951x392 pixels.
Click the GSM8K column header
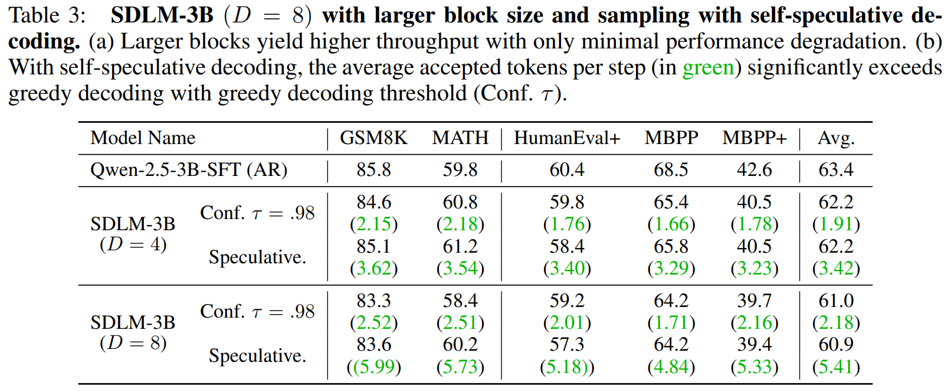click(x=373, y=138)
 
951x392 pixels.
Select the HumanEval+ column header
click(x=567, y=138)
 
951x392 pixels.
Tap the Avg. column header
click(x=836, y=138)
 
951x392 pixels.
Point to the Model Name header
click(x=143, y=138)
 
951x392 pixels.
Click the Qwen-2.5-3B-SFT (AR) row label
click(x=189, y=170)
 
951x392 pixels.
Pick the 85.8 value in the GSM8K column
click(x=373, y=170)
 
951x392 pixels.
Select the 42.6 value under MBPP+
click(x=754, y=170)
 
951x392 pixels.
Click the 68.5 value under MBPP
click(x=671, y=170)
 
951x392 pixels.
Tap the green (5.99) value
click(x=373, y=367)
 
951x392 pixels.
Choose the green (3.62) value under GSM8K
click(x=373, y=269)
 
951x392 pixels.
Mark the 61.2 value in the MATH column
click(x=460, y=246)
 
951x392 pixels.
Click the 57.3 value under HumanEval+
click(x=567, y=345)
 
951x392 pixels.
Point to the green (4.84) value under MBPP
click(x=671, y=367)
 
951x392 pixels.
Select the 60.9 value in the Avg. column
click(x=836, y=345)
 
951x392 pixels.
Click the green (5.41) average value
click(x=836, y=367)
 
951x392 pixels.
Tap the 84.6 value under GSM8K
click(x=373, y=202)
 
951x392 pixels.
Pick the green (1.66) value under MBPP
click(x=671, y=224)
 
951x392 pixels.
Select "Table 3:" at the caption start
click(x=47, y=16)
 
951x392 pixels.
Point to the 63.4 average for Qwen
click(x=836, y=170)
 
